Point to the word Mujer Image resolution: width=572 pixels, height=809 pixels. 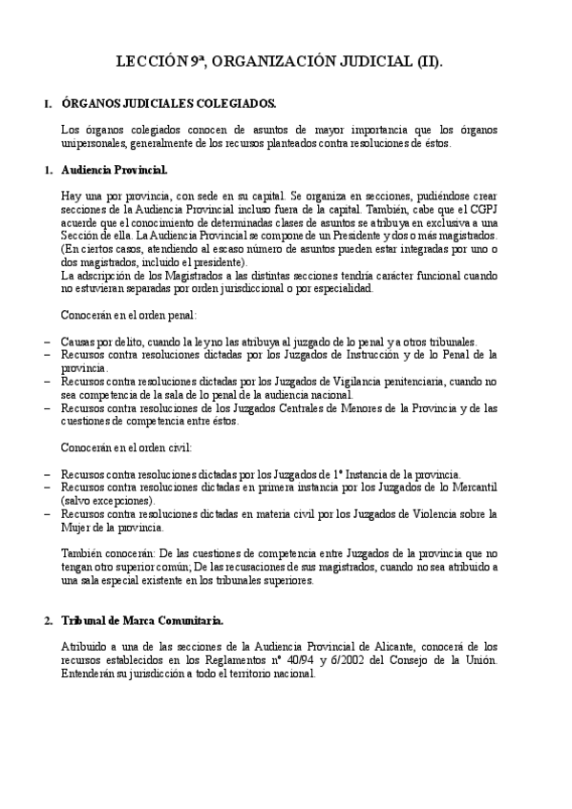click(75, 528)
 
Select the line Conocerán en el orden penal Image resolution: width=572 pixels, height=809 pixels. click(128, 314)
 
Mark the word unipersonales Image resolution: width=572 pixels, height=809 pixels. click(96, 143)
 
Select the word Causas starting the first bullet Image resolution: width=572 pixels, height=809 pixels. click(78, 341)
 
